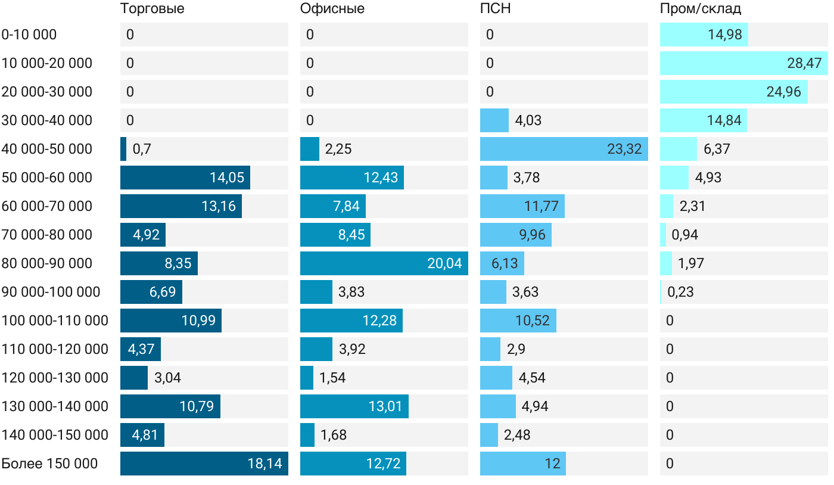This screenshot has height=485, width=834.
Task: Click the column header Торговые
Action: (x=152, y=9)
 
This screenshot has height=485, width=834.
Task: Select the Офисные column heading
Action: (x=332, y=9)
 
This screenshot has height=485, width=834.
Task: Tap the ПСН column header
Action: (x=495, y=9)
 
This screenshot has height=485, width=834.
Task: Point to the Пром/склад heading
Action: (x=700, y=9)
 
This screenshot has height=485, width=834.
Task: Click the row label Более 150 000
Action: (x=49, y=464)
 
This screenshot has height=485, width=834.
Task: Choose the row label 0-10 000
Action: (x=29, y=35)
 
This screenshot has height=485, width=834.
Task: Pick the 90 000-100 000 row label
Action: (x=51, y=292)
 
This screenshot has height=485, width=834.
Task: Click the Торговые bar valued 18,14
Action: (x=204, y=464)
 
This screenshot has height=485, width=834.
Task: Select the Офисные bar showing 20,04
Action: (x=384, y=263)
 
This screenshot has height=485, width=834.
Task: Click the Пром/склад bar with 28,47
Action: (x=743, y=63)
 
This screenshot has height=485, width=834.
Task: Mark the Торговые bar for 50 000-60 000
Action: (x=185, y=178)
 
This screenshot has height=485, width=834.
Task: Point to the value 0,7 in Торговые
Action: (x=142, y=149)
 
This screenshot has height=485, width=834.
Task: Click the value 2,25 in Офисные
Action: (x=338, y=149)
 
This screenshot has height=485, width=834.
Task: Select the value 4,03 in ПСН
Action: (x=528, y=120)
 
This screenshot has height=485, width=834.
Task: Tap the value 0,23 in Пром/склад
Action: (x=680, y=292)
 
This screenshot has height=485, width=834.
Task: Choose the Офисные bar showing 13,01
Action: (x=354, y=406)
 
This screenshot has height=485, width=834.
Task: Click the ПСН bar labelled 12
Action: (x=522, y=464)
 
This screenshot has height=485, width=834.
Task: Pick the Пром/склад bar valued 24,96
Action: (x=733, y=92)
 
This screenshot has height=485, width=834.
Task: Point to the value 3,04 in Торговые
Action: (x=167, y=378)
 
